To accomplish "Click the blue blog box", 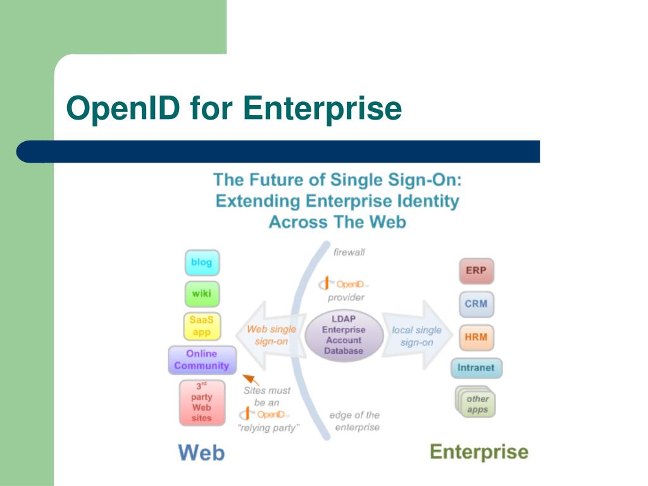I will pyautogui.click(x=202, y=263).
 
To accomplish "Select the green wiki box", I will pyautogui.click(x=202, y=294).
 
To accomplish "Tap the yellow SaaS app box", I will pyautogui.click(x=201, y=327).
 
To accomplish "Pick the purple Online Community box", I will pyautogui.click(x=202, y=360).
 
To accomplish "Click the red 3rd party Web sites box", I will pyautogui.click(x=202, y=402).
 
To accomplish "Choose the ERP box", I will pyautogui.click(x=476, y=271).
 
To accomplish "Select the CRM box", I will pyautogui.click(x=476, y=304).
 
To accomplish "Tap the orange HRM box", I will pyautogui.click(x=476, y=337).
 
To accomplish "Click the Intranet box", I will pyautogui.click(x=477, y=368).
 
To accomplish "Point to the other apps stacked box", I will pyautogui.click(x=477, y=403).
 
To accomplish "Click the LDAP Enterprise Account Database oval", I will pyautogui.click(x=344, y=335).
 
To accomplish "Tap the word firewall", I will pyautogui.click(x=349, y=252).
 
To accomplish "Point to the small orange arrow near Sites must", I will pyautogui.click(x=251, y=379).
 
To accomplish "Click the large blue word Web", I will pyautogui.click(x=201, y=452).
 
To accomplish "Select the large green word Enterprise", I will pyautogui.click(x=479, y=452).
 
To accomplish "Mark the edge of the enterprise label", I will pyautogui.click(x=354, y=421).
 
